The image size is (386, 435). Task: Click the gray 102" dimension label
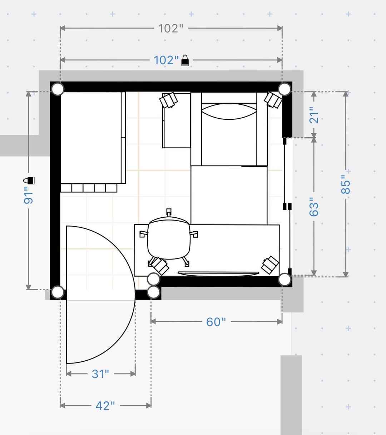[x=171, y=28]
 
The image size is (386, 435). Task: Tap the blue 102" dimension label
[x=166, y=60]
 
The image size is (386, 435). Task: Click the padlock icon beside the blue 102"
[x=185, y=60]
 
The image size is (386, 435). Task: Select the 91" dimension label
[x=29, y=196]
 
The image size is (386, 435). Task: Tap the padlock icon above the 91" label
[x=29, y=181]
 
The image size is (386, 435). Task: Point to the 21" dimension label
[x=314, y=115]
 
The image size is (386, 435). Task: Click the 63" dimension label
[x=314, y=207]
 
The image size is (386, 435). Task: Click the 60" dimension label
[x=216, y=322]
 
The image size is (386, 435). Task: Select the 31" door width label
[x=100, y=374]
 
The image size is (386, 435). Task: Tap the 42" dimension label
[x=105, y=406]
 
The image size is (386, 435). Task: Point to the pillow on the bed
[x=229, y=112]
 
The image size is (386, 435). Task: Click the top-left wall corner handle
[x=57, y=89]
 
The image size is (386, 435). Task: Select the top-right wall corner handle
[x=284, y=89]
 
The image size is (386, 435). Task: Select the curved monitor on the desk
[x=218, y=274]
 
